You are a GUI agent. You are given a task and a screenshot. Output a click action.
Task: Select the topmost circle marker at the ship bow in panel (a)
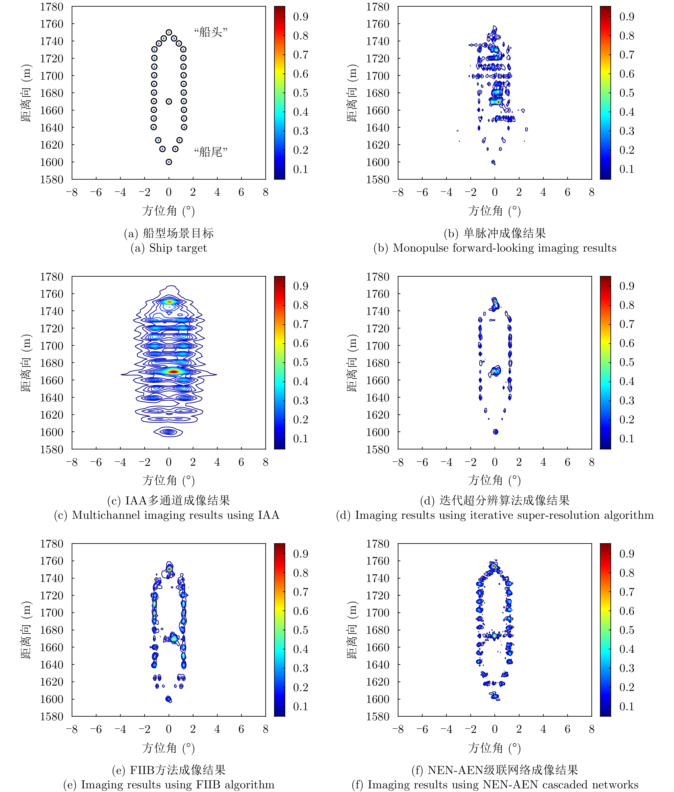(x=169, y=33)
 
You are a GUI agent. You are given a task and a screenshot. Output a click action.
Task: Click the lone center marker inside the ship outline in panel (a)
(x=169, y=101)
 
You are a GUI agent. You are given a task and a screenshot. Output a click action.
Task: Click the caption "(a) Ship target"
(x=169, y=248)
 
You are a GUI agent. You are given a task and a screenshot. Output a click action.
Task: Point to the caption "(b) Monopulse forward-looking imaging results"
(x=495, y=248)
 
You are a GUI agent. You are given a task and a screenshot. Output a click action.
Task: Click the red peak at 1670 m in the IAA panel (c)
(x=173, y=371)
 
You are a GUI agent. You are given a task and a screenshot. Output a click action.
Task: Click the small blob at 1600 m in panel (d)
(x=496, y=432)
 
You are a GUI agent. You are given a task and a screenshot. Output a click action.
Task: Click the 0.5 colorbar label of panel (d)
(x=627, y=362)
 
